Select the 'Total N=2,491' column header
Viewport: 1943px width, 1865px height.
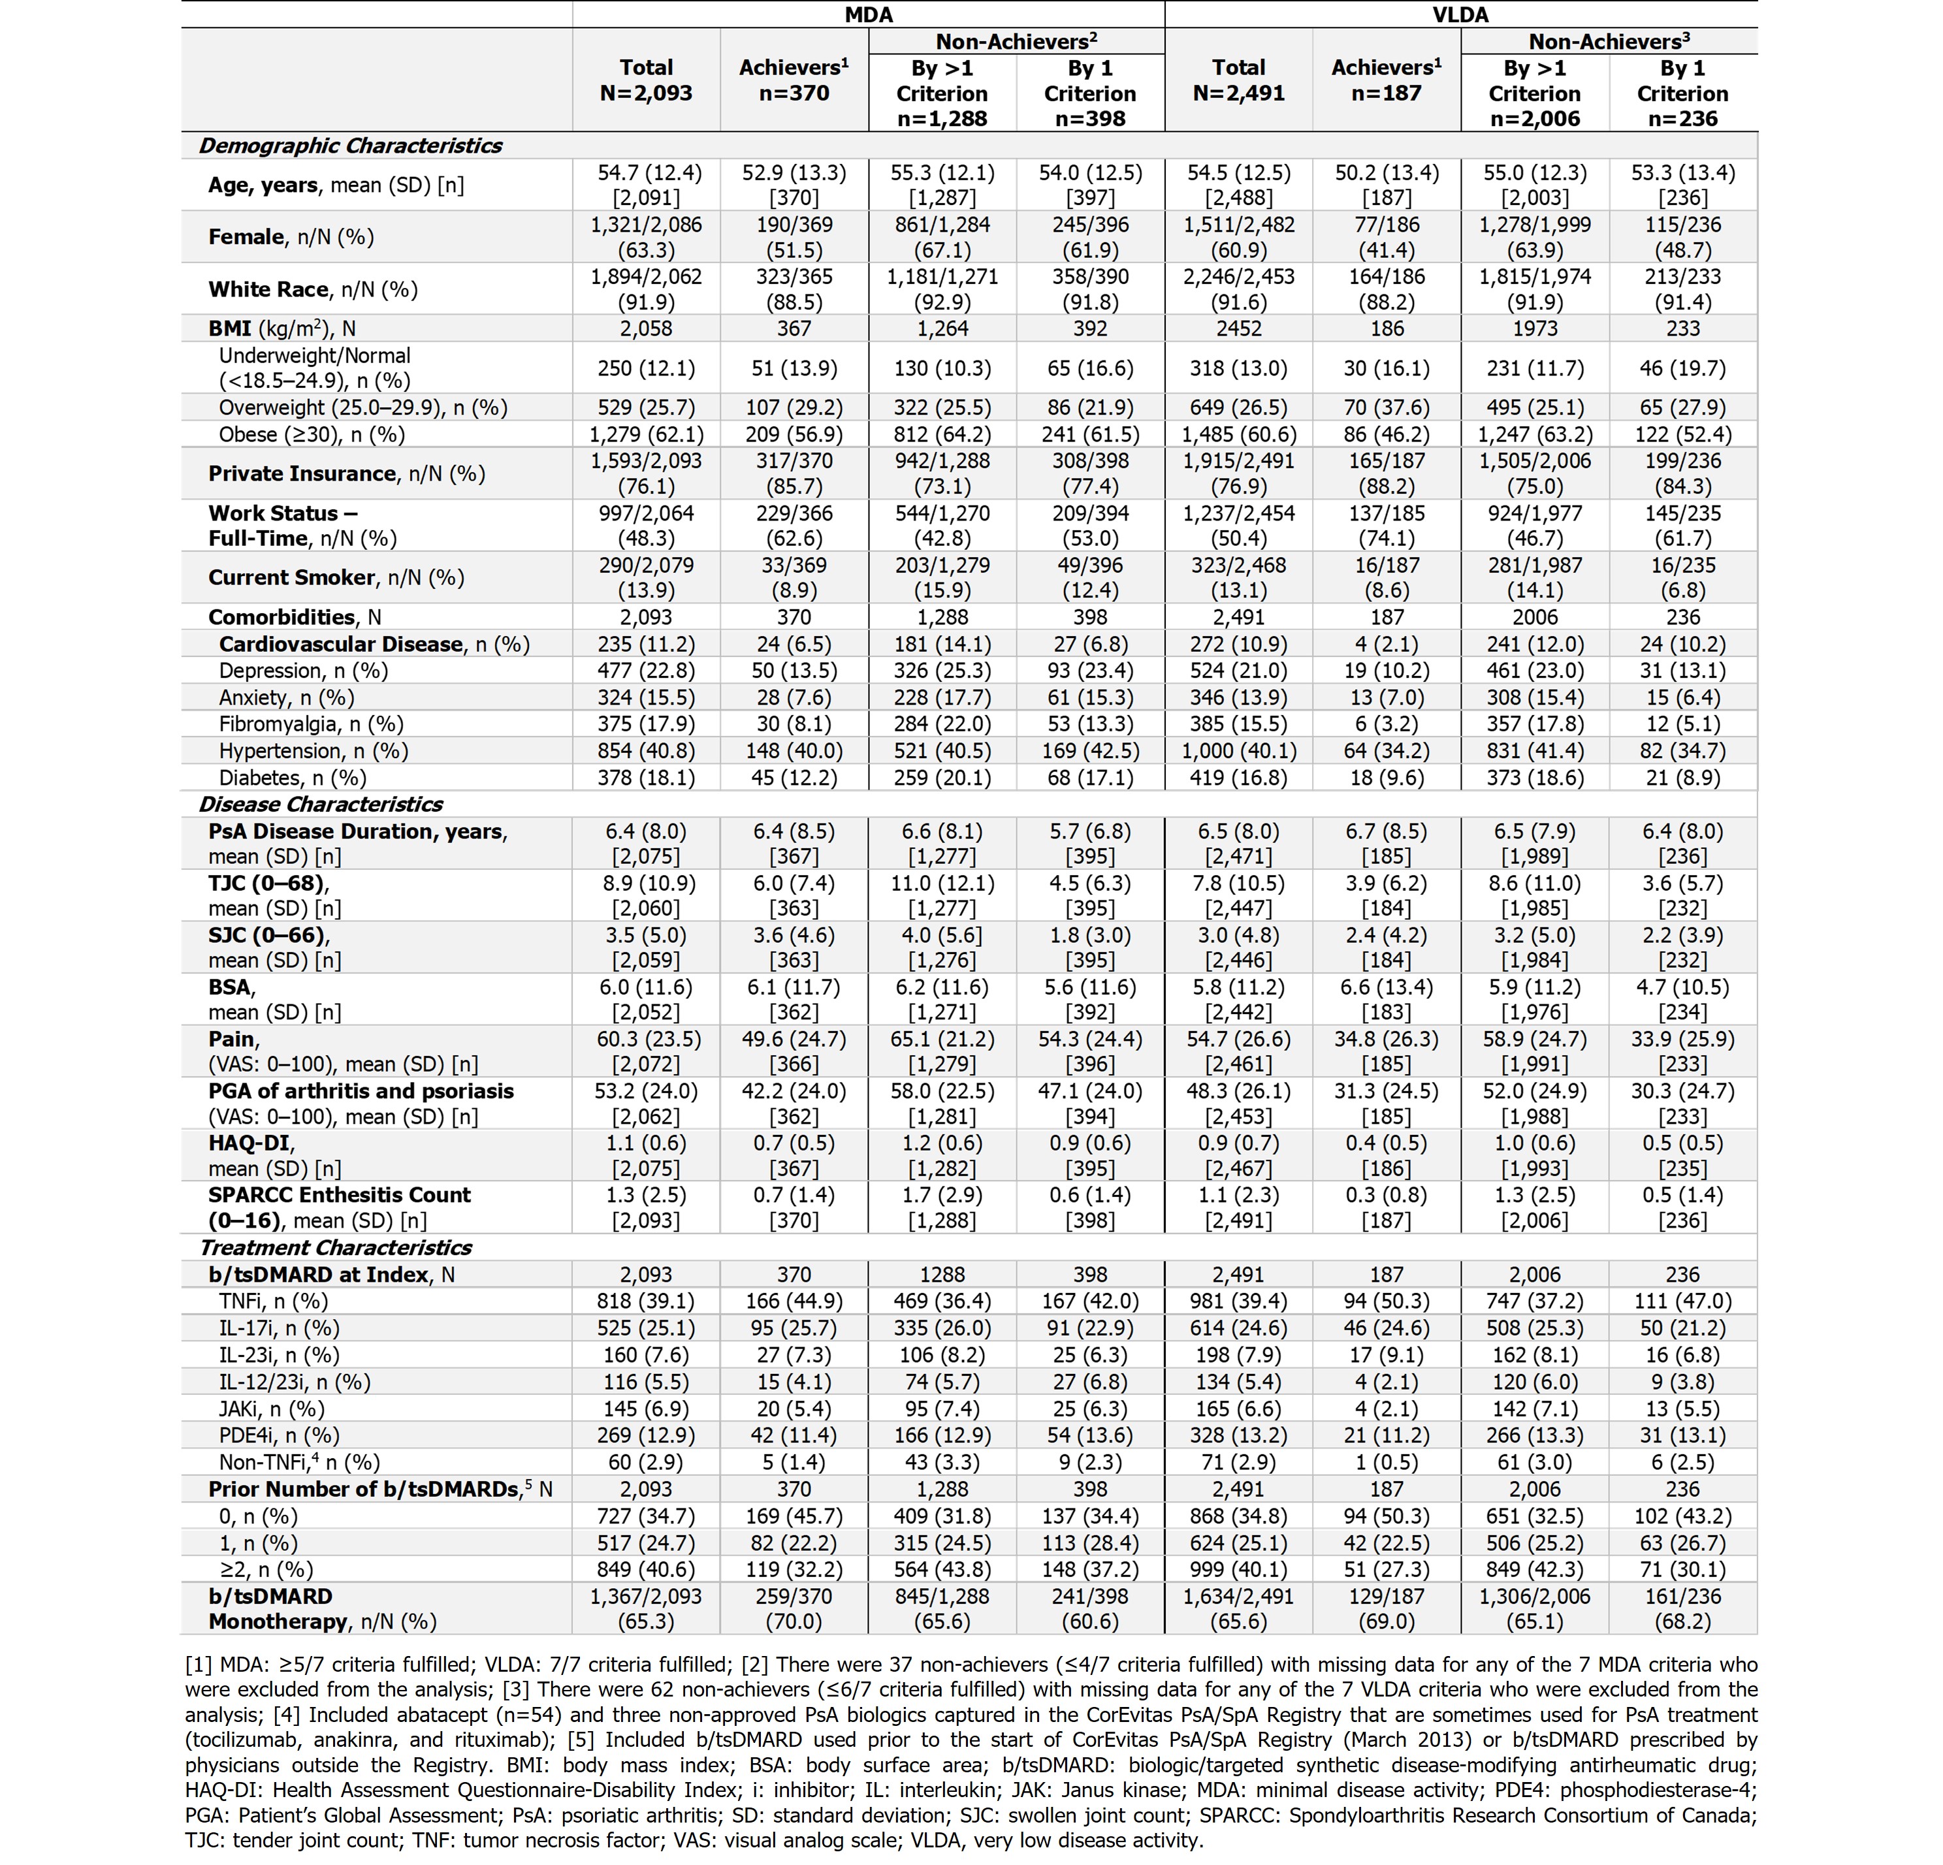point(1238,81)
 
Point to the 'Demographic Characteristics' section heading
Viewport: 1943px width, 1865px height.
point(350,146)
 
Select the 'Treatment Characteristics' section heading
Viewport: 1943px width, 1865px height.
point(335,1248)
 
